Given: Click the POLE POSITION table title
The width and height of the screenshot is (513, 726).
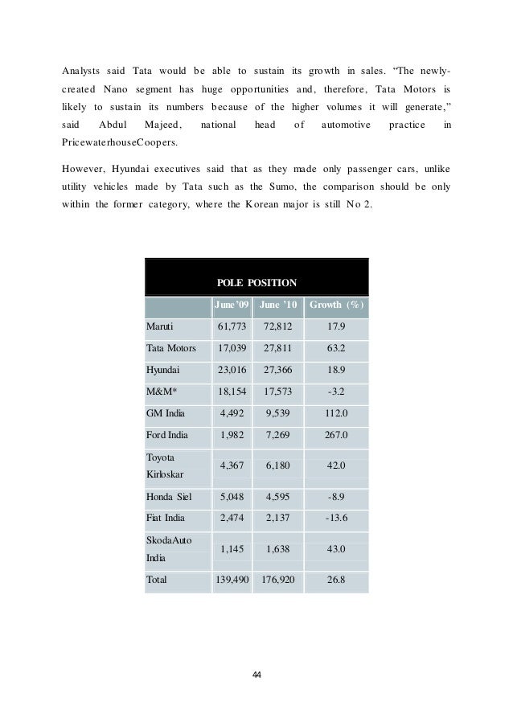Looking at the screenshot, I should point(257,282).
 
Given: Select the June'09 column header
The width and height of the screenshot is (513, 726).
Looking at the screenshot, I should point(232,306).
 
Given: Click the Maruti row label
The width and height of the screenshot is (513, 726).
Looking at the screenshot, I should point(159,327).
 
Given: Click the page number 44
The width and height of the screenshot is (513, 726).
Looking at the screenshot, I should point(256,673).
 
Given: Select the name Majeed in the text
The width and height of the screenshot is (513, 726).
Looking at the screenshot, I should point(163,125).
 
